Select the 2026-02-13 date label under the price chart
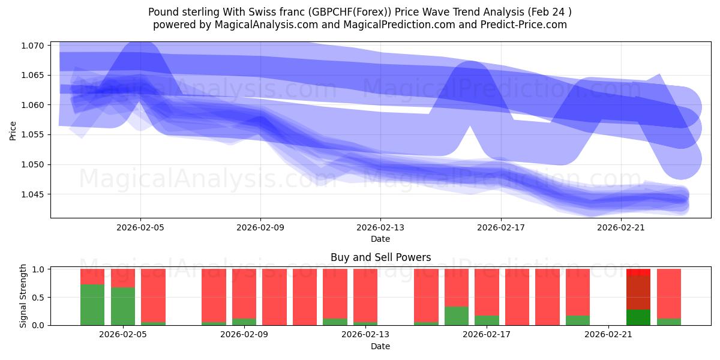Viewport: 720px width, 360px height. pyautogui.click(x=380, y=228)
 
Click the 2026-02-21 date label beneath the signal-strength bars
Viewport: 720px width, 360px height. pyautogui.click(x=608, y=335)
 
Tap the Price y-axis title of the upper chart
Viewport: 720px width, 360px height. pyautogui.click(x=13, y=130)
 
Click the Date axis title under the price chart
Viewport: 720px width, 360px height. pyautogui.click(x=380, y=239)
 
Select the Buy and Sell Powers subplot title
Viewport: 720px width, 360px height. pyautogui.click(x=380, y=257)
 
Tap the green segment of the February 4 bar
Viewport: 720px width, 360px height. pyautogui.click(x=92, y=305)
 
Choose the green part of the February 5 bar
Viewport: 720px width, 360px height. pyautogui.click(x=123, y=306)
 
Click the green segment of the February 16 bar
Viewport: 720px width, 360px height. pyautogui.click(x=456, y=316)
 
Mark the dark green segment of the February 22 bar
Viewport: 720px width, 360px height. pyautogui.click(x=638, y=317)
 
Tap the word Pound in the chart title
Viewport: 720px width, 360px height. pyautogui.click(x=164, y=12)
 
